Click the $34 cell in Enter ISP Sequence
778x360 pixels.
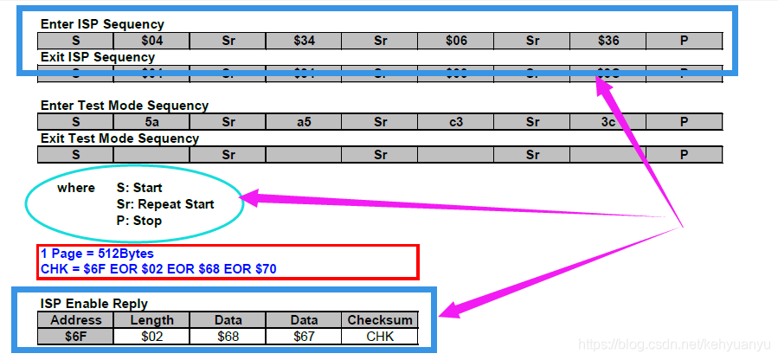coord(304,41)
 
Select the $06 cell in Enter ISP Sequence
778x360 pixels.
coord(455,41)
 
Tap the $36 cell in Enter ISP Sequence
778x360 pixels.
coord(608,41)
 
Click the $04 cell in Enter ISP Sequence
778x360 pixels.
coord(151,41)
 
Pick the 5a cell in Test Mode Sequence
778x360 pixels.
coord(151,122)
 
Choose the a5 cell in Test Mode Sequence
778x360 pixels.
coord(304,122)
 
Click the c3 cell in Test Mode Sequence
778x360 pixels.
coord(455,122)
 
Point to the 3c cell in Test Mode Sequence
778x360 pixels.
coord(608,122)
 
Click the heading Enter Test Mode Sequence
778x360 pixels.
coord(125,106)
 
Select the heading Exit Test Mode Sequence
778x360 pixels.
coord(119,138)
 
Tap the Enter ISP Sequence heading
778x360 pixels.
coord(102,24)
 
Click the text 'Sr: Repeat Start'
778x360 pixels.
coord(165,204)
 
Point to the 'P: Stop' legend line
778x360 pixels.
coord(139,221)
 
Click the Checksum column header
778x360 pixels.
coord(380,320)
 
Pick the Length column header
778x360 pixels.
coord(151,320)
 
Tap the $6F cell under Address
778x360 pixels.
coord(75,336)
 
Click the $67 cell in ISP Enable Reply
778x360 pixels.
coord(304,336)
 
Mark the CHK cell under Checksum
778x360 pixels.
coord(380,336)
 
